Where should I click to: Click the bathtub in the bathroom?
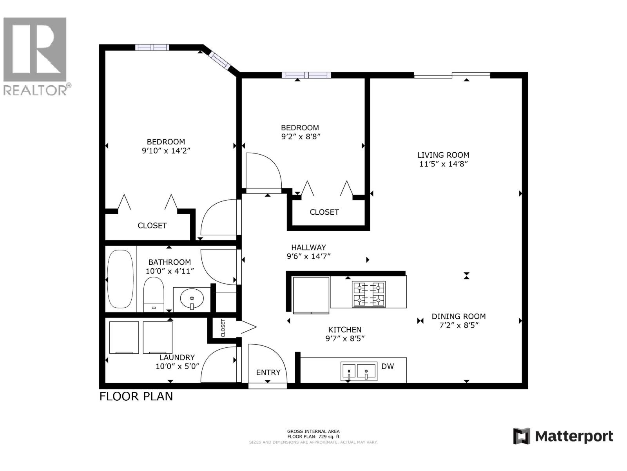[120, 279]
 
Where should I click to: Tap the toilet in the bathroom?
[153, 295]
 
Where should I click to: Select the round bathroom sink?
[192, 299]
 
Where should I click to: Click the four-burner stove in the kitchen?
[369, 294]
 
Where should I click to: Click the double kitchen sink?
[359, 371]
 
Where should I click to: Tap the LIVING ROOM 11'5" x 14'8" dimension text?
[443, 164]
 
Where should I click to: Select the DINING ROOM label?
[458, 316]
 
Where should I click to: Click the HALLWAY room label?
[308, 247]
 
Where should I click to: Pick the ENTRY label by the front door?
[268, 372]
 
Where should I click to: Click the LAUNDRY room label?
[177, 357]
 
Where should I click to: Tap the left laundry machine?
[124, 338]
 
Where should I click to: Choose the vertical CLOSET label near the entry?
[223, 328]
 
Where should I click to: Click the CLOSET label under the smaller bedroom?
[324, 212]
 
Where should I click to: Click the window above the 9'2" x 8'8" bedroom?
[306, 75]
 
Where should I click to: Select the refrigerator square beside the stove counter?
[311, 295]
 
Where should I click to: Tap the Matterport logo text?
[574, 436]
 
